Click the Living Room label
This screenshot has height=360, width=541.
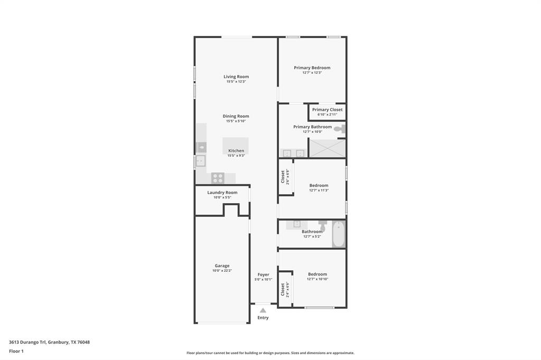[x=236, y=77]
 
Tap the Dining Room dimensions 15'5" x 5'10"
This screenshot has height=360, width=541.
[x=236, y=121]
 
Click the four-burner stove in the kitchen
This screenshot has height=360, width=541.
[x=218, y=178]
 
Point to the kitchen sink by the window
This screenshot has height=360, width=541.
[x=201, y=161]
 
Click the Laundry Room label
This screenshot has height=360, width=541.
[x=222, y=193]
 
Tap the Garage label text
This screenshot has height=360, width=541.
[x=222, y=266]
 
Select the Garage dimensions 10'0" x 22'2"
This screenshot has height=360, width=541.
[x=222, y=271]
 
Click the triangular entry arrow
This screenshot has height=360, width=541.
[x=263, y=310]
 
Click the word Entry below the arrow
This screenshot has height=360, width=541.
[x=263, y=318]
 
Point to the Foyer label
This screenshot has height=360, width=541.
[x=263, y=274]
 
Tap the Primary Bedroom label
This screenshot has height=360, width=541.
[x=312, y=68]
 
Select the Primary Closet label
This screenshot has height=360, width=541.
[x=327, y=110]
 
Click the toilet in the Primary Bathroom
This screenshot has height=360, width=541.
[x=339, y=128]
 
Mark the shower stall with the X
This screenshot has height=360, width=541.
[x=327, y=148]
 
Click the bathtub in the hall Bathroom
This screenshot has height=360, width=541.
[x=338, y=234]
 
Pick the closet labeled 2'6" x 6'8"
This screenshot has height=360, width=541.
[x=285, y=177]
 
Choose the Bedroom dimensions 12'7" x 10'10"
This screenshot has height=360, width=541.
[x=318, y=279]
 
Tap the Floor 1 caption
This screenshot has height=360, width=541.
[x=16, y=351]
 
